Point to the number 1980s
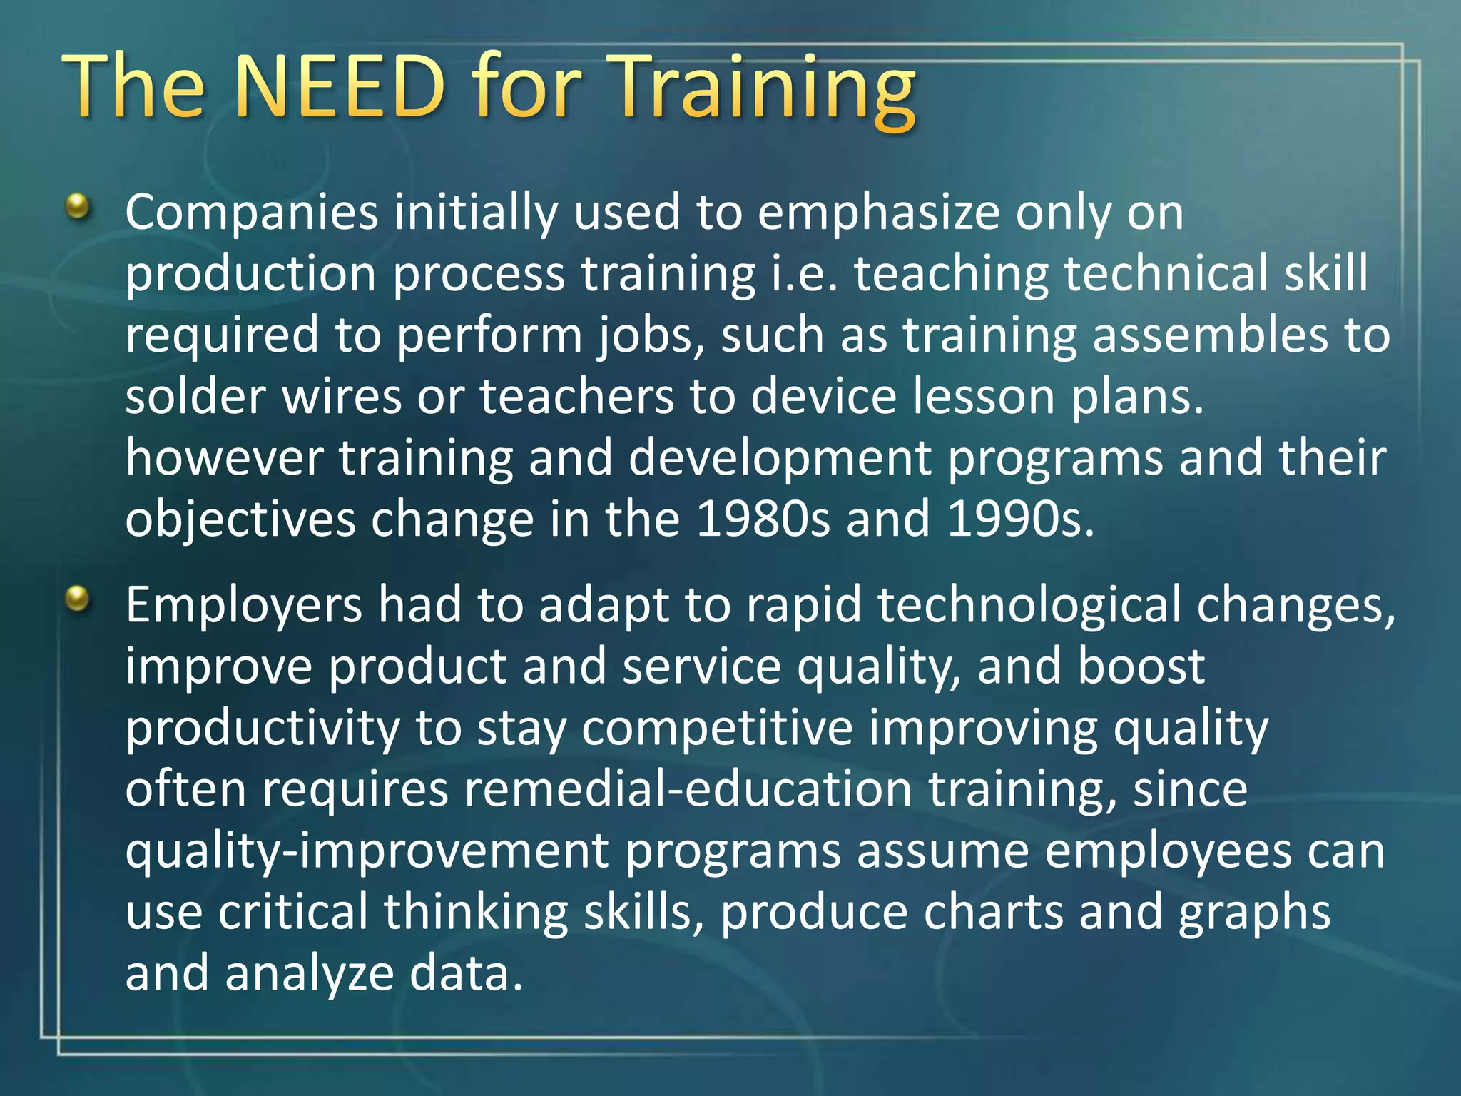click(763, 519)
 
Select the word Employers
click(244, 605)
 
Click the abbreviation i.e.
click(803, 274)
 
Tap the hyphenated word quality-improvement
click(367, 852)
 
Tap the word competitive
click(717, 729)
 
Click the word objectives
click(240, 519)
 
